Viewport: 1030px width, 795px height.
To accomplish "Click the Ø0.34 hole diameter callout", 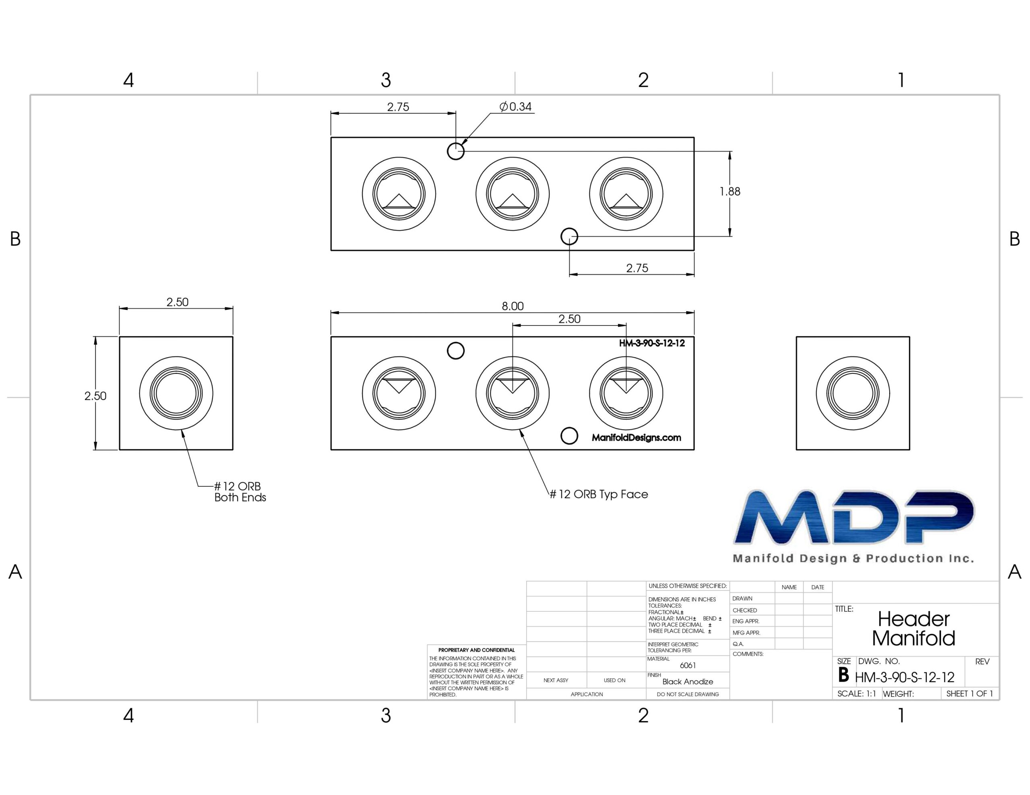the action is click(515, 107).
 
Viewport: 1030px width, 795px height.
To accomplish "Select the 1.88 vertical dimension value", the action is click(729, 191).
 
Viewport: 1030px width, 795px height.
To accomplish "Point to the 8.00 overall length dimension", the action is click(513, 306).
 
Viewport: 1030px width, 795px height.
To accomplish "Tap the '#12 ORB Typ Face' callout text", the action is click(599, 494).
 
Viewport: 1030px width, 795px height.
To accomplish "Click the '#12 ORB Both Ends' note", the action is click(240, 492).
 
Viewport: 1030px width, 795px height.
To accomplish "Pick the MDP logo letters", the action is click(854, 517).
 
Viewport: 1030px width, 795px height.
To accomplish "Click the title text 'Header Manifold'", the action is click(913, 628).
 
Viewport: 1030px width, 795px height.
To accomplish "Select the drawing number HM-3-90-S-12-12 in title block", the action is click(904, 678).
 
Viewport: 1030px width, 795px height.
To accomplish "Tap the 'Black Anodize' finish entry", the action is click(688, 681).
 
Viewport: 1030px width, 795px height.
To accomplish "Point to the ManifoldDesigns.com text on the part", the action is click(636, 438).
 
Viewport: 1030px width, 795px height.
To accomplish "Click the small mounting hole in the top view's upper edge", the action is click(455, 151).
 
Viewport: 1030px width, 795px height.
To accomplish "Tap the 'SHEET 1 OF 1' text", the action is click(970, 694).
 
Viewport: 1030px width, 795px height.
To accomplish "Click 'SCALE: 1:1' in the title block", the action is click(857, 694).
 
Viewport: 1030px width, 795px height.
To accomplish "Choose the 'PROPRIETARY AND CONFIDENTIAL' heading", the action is click(476, 650).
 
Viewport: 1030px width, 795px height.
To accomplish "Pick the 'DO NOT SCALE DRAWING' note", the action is click(688, 694).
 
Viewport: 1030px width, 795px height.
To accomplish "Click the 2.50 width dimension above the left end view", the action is click(177, 302).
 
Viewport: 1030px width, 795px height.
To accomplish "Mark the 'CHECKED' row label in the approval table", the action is click(745, 610).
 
